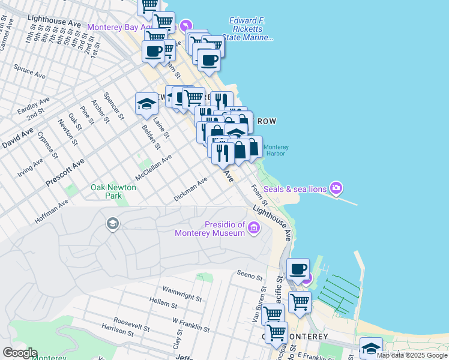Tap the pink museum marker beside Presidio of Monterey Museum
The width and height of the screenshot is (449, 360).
[x=253, y=227]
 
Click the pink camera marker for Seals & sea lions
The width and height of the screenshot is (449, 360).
[x=336, y=188]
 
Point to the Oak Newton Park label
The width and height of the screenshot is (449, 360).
[x=113, y=191]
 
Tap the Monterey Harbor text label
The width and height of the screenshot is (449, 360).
[x=276, y=150]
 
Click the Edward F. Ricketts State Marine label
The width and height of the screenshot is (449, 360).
[x=247, y=29]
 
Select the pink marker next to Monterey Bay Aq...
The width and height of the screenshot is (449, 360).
[x=186, y=25]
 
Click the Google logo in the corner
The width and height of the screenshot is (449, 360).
[x=20, y=353]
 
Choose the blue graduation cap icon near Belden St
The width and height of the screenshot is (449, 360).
[x=146, y=104]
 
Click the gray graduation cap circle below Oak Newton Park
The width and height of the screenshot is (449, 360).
[x=112, y=224]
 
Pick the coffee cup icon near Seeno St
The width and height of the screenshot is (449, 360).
[x=297, y=269]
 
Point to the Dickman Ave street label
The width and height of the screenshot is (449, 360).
[x=190, y=189]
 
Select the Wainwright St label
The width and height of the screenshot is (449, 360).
[x=181, y=292]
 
